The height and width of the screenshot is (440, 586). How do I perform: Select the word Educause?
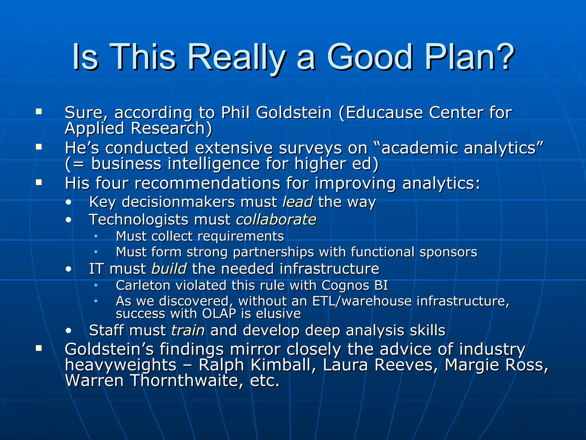click(x=384, y=112)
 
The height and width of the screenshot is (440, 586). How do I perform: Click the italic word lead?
click(x=298, y=202)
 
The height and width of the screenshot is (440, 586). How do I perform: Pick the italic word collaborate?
click(x=276, y=220)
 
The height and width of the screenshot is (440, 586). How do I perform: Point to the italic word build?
click(x=169, y=269)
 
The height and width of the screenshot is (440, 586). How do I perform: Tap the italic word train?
click(x=188, y=330)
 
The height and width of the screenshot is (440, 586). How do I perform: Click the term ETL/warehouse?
click(x=362, y=301)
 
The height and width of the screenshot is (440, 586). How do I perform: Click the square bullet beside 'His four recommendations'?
click(x=39, y=182)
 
